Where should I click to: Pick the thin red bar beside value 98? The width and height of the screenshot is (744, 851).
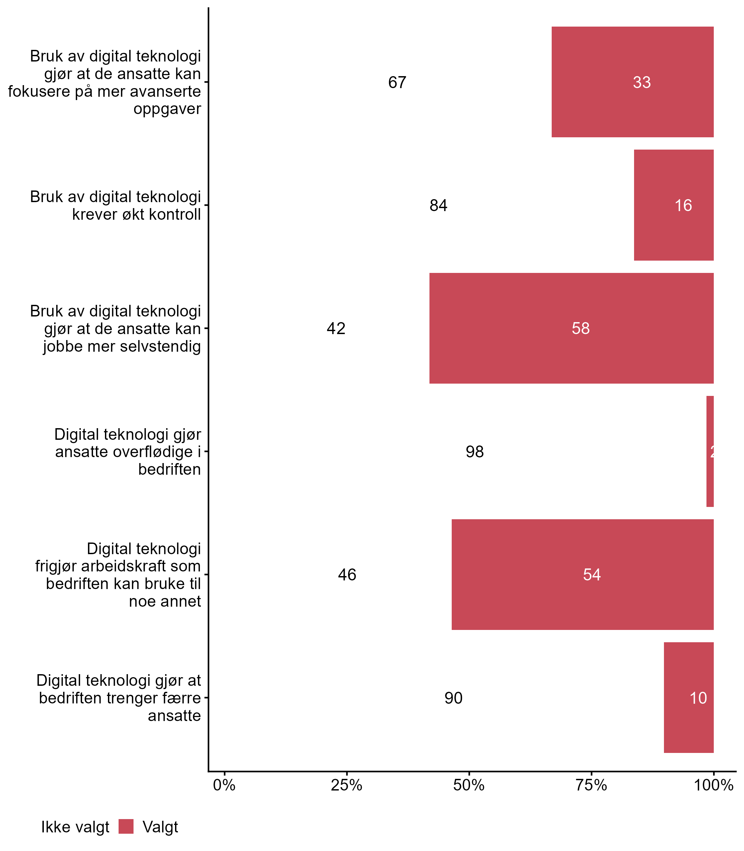pos(710,451)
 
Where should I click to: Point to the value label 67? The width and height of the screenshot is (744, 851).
pos(397,82)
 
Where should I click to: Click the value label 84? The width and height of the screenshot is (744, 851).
pos(438,205)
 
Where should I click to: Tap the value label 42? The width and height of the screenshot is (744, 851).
pos(336,328)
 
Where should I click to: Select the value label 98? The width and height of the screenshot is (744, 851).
pos(475,452)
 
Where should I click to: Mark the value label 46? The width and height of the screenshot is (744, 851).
pos(347,575)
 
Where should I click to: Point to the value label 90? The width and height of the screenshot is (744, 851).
pos(453,698)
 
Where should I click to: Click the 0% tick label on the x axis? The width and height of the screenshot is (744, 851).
pos(224,785)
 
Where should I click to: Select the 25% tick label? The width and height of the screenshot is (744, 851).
pos(347,785)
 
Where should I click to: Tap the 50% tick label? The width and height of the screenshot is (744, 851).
pos(469,785)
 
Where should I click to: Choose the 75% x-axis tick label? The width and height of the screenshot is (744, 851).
pos(591,785)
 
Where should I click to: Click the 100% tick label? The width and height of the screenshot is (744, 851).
pos(713,785)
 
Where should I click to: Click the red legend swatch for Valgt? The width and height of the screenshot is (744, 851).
pos(126,826)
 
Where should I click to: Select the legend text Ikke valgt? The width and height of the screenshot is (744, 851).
pos(75,827)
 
